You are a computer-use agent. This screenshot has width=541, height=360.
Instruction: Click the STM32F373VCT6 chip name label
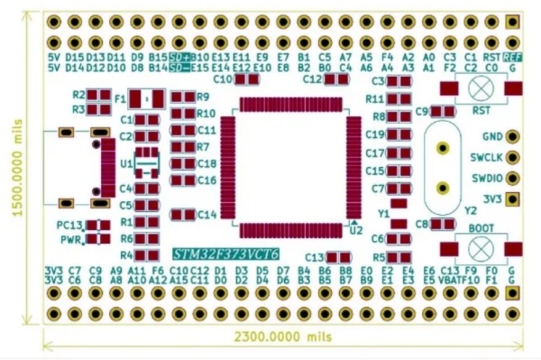[225, 254]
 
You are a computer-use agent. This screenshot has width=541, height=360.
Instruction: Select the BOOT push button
[481, 245]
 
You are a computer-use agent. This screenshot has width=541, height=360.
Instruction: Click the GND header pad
[513, 137]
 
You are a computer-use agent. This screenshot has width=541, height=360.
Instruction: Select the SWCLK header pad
[513, 157]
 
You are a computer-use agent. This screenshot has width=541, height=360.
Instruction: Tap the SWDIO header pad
[513, 178]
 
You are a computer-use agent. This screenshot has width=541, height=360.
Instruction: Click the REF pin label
[513, 55]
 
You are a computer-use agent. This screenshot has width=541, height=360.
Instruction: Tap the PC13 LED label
[69, 225]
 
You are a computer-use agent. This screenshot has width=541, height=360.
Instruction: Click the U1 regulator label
[126, 165]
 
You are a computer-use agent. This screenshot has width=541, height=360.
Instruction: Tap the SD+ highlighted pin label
[179, 55]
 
